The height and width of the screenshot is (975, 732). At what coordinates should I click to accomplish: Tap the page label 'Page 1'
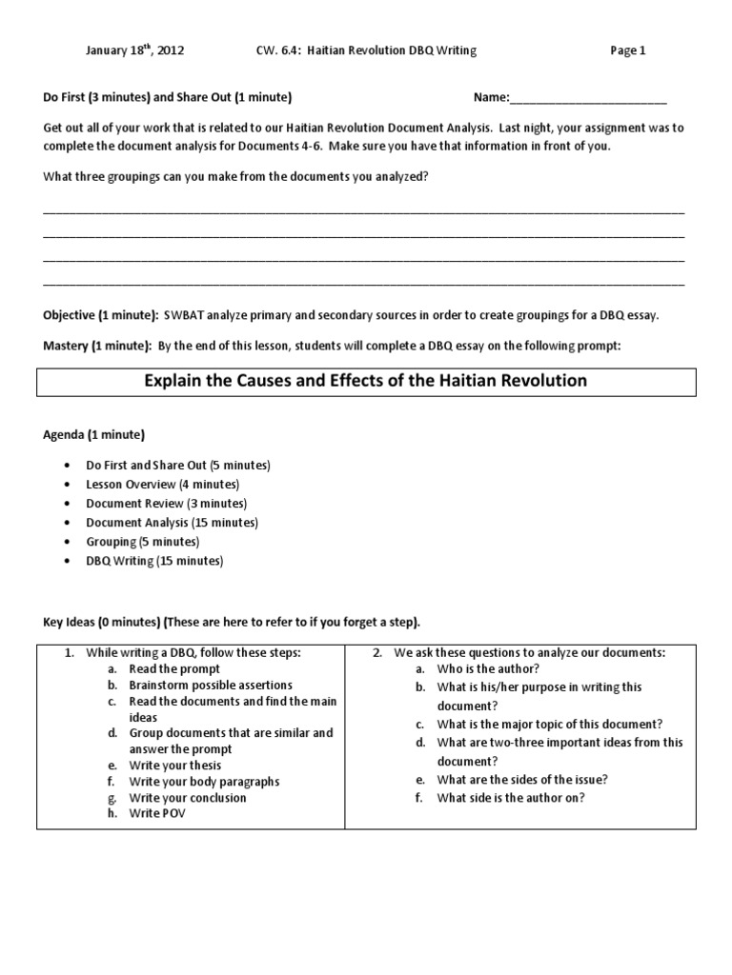(x=628, y=50)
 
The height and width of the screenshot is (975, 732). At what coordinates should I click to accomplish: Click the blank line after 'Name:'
(x=588, y=98)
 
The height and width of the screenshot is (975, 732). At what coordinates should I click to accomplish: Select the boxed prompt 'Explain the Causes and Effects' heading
(x=365, y=381)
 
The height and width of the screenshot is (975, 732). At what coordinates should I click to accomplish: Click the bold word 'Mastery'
(x=66, y=347)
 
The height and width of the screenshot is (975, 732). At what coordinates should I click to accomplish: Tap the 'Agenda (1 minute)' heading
(x=94, y=435)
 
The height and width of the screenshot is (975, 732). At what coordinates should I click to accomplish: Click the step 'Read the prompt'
(x=174, y=669)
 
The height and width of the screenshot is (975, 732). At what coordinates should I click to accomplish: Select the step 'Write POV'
(x=157, y=814)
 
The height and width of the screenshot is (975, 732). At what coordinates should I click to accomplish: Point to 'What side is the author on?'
(x=510, y=798)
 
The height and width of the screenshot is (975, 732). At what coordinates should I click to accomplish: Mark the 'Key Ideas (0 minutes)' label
(x=99, y=623)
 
